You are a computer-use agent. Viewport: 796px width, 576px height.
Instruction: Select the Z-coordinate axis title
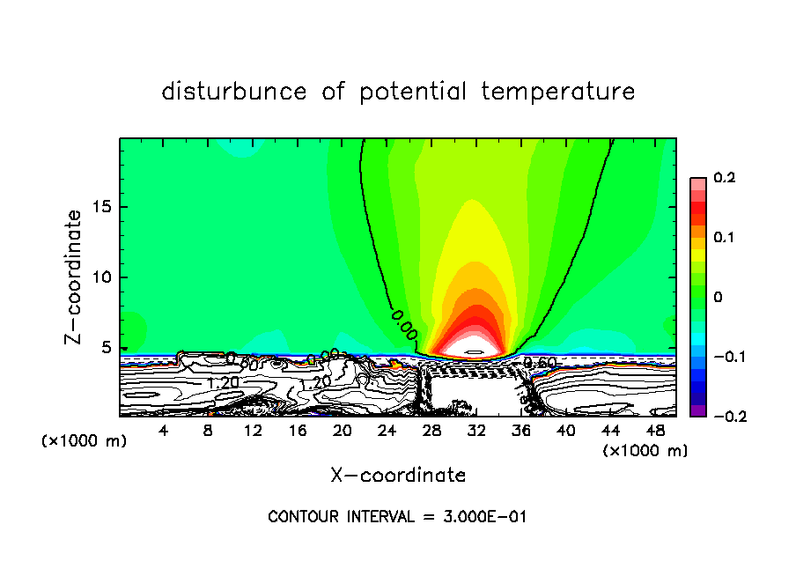(74, 277)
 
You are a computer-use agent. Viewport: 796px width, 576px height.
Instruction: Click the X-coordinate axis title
(398, 476)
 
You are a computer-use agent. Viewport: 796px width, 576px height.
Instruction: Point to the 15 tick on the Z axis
(104, 207)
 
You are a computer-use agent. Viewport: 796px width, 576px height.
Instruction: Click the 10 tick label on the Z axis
(104, 277)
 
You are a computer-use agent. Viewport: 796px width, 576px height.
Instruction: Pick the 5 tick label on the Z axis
(107, 348)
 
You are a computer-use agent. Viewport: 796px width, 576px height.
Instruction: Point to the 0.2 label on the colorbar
(724, 178)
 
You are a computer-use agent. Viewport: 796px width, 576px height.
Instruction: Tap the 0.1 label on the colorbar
(724, 238)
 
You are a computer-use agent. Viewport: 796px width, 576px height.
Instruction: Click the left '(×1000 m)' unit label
(85, 441)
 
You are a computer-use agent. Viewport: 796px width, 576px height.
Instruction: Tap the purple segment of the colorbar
(698, 410)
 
